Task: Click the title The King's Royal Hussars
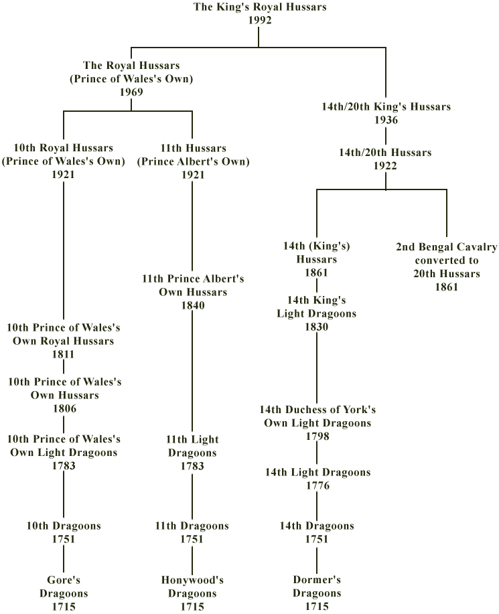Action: pos(260,7)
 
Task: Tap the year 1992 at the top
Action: pos(260,20)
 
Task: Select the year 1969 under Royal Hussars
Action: pos(131,92)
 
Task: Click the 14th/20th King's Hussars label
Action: pos(386,106)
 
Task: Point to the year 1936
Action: pos(386,120)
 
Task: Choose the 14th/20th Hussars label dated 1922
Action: pos(385,152)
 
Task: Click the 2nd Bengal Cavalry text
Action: pos(447,247)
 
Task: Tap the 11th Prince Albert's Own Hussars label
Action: pos(193,285)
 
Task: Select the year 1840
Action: pos(193,305)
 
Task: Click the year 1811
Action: pos(64,354)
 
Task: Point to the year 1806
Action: pos(64,409)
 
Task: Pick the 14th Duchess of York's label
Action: pos(317,410)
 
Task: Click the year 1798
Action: pos(317,436)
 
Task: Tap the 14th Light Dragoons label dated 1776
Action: pos(317,472)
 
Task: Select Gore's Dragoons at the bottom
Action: pos(64,587)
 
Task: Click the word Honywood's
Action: pos(192,580)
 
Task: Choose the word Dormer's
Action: pos(317,580)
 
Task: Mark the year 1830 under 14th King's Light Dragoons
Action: pos(316,327)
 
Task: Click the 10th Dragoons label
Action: pos(64,526)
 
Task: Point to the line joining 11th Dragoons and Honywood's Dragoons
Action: pos(192,560)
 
